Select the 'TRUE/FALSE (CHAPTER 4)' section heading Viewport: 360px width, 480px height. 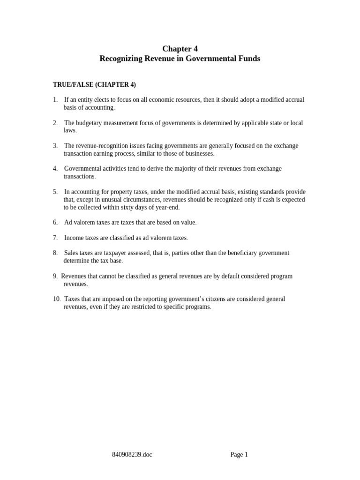[94, 84]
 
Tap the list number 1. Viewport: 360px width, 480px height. [55, 100]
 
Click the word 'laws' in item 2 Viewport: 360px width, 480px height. [69, 130]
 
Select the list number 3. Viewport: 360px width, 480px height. [55, 146]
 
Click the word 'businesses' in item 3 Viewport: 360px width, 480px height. [199, 153]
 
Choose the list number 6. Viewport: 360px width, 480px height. [55, 222]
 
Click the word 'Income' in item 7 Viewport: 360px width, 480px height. [73, 238]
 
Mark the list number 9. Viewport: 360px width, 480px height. [55, 276]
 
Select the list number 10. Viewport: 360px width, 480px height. [56, 299]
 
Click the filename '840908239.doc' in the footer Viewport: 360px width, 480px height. [132, 454]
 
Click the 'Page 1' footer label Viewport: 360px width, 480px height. [239, 454]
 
